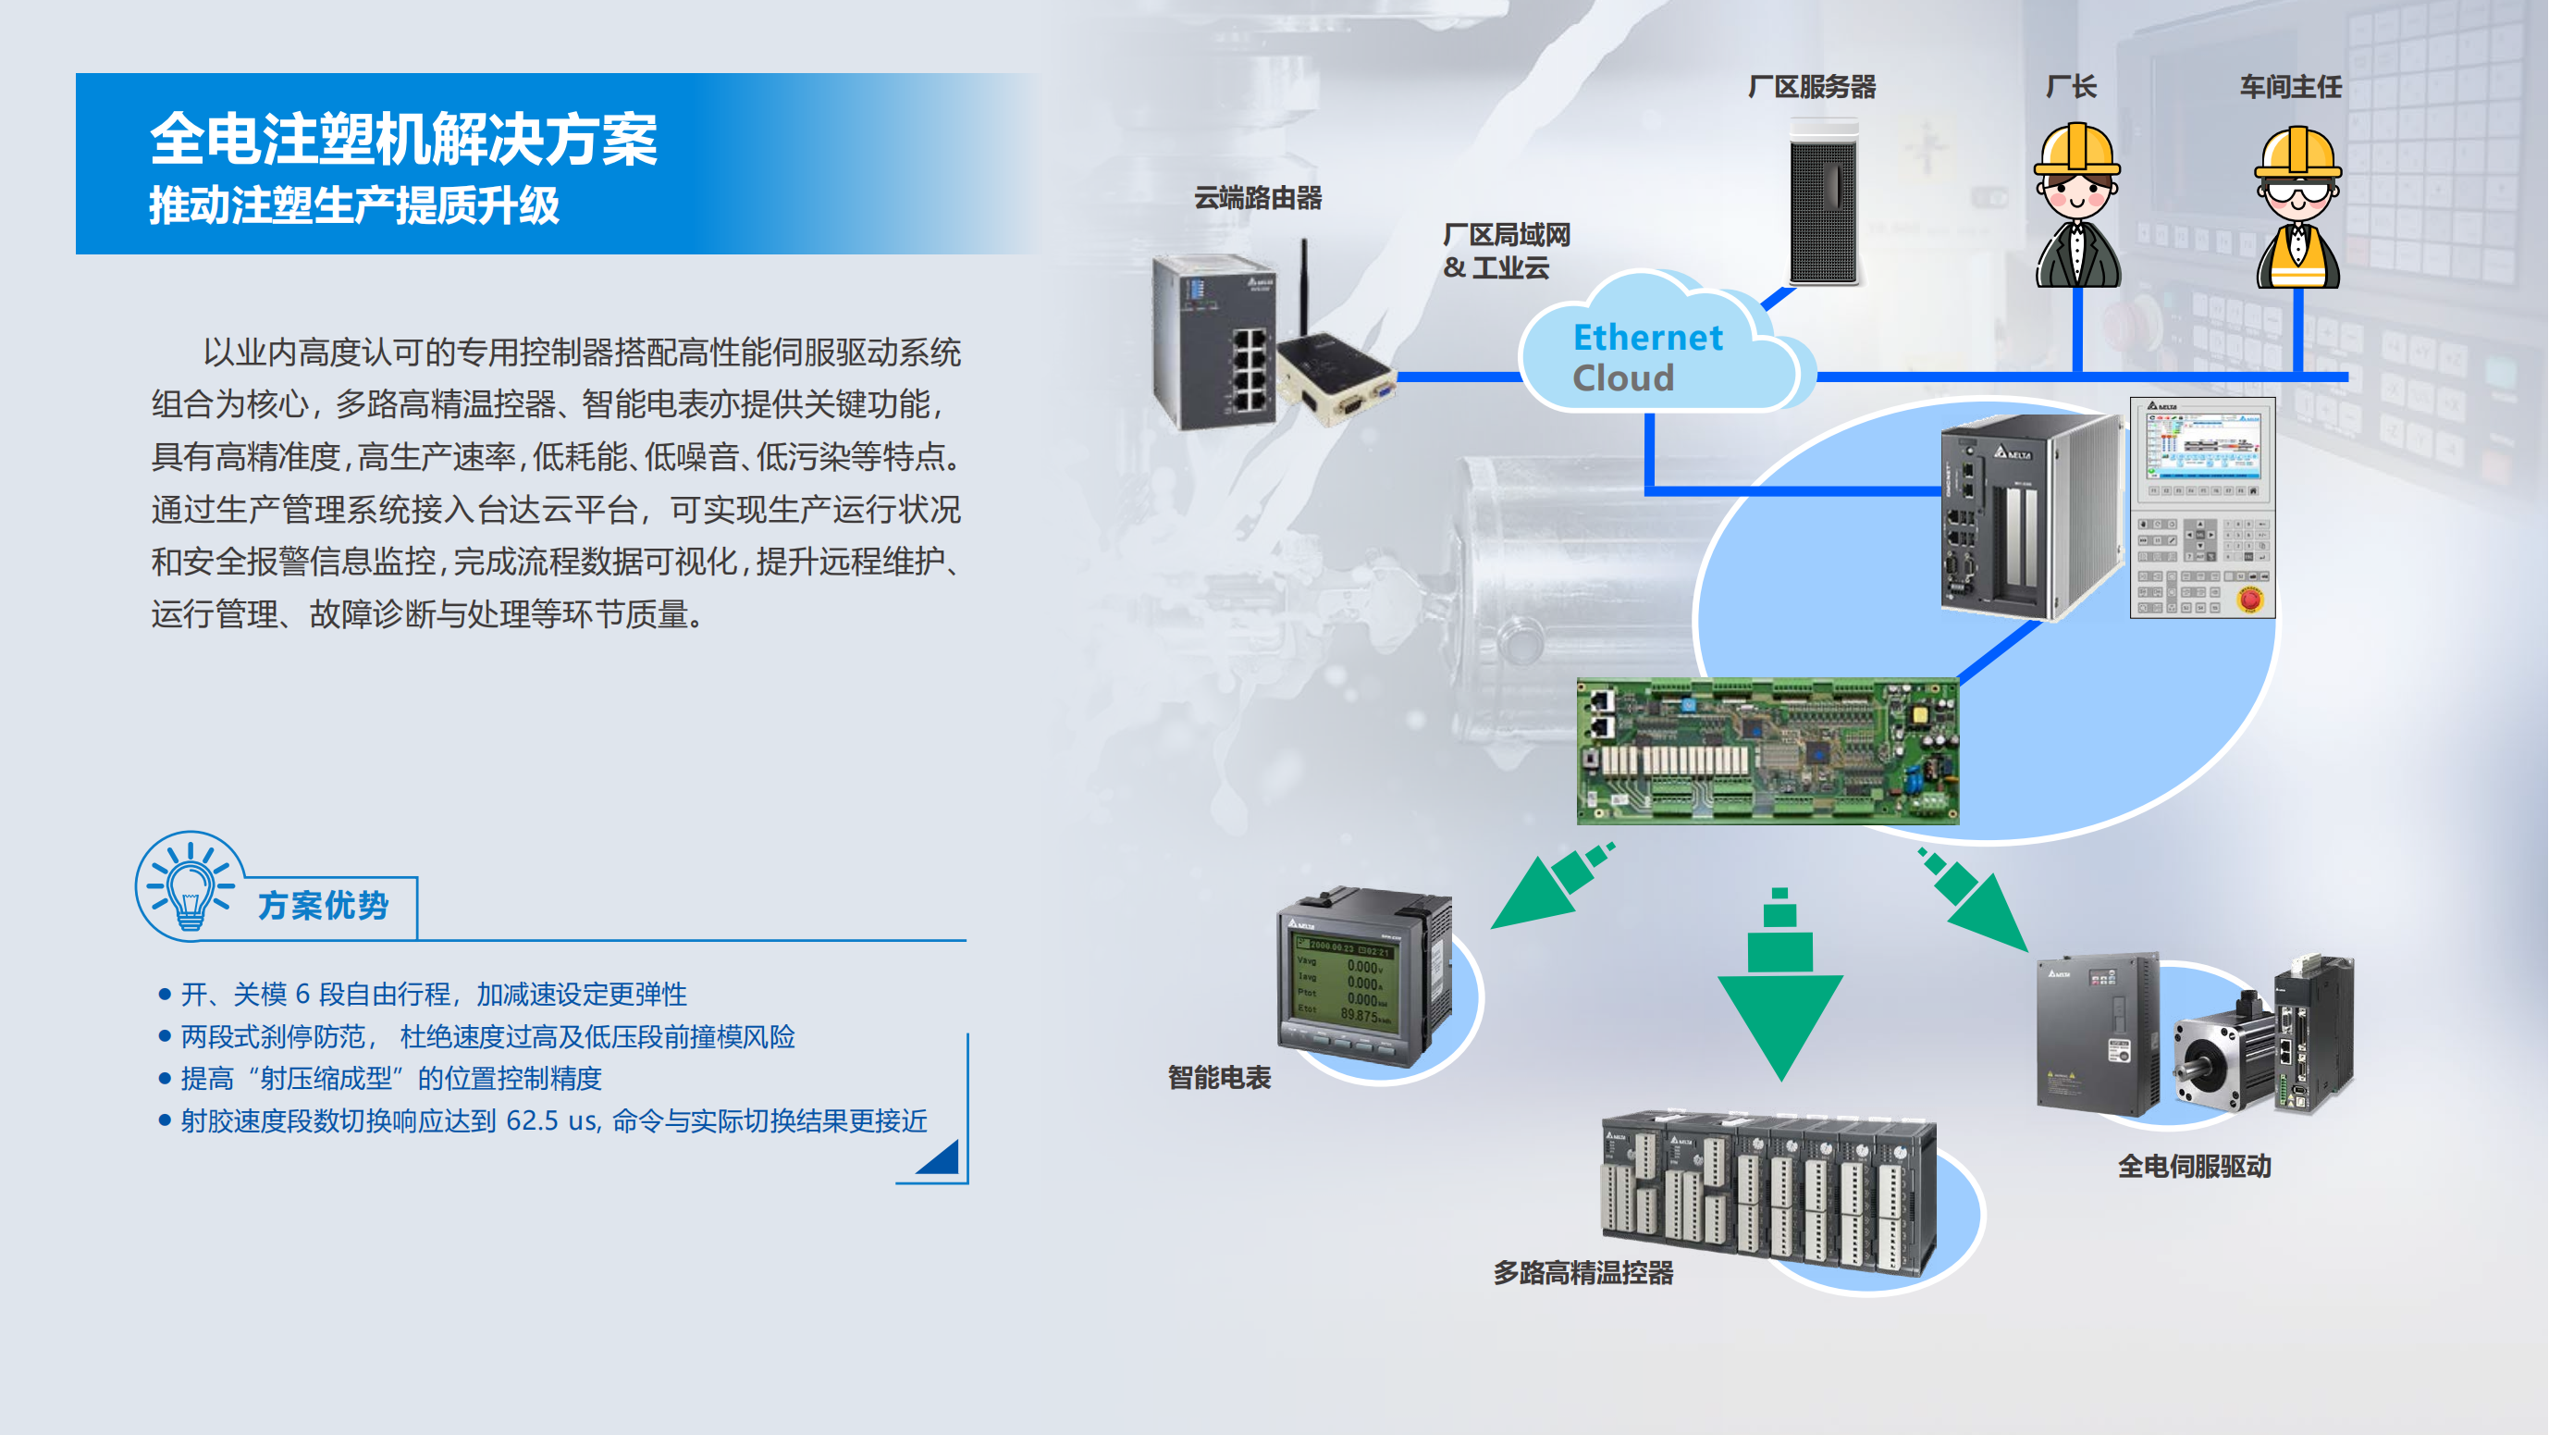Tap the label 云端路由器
coord(1258,198)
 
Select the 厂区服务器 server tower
coord(1824,202)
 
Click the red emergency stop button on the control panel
coord(2250,598)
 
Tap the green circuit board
coord(1767,751)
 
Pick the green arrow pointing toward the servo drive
coord(1973,898)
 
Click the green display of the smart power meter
coord(1345,980)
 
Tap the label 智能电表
coord(1219,1078)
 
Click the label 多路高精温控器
coord(1583,1274)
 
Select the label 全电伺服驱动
coord(2194,1167)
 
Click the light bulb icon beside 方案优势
coord(188,886)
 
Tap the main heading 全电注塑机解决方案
coord(404,139)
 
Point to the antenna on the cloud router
coord(1305,287)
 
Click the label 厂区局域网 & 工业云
coord(1506,252)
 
